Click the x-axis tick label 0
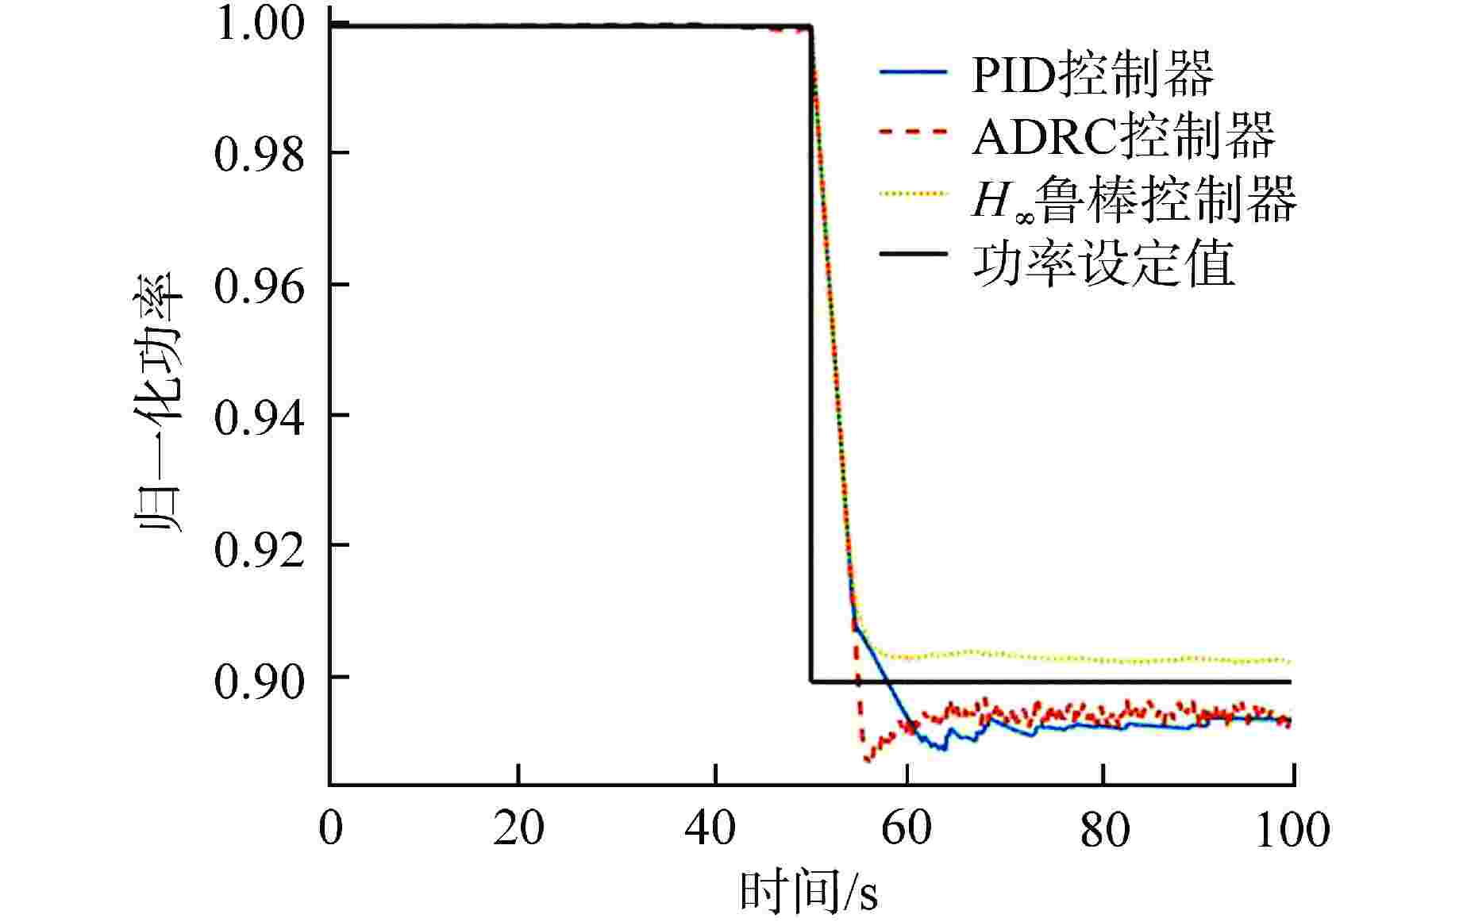pos(330,830)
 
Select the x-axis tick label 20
pos(518,830)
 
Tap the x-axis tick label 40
pos(710,830)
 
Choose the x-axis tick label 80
pos(1104,830)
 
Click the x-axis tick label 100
pos(1292,830)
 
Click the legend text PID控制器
pos(1092,74)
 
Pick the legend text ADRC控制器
pos(1123,136)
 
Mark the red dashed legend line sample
pos(913,131)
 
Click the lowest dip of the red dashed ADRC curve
pos(867,759)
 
